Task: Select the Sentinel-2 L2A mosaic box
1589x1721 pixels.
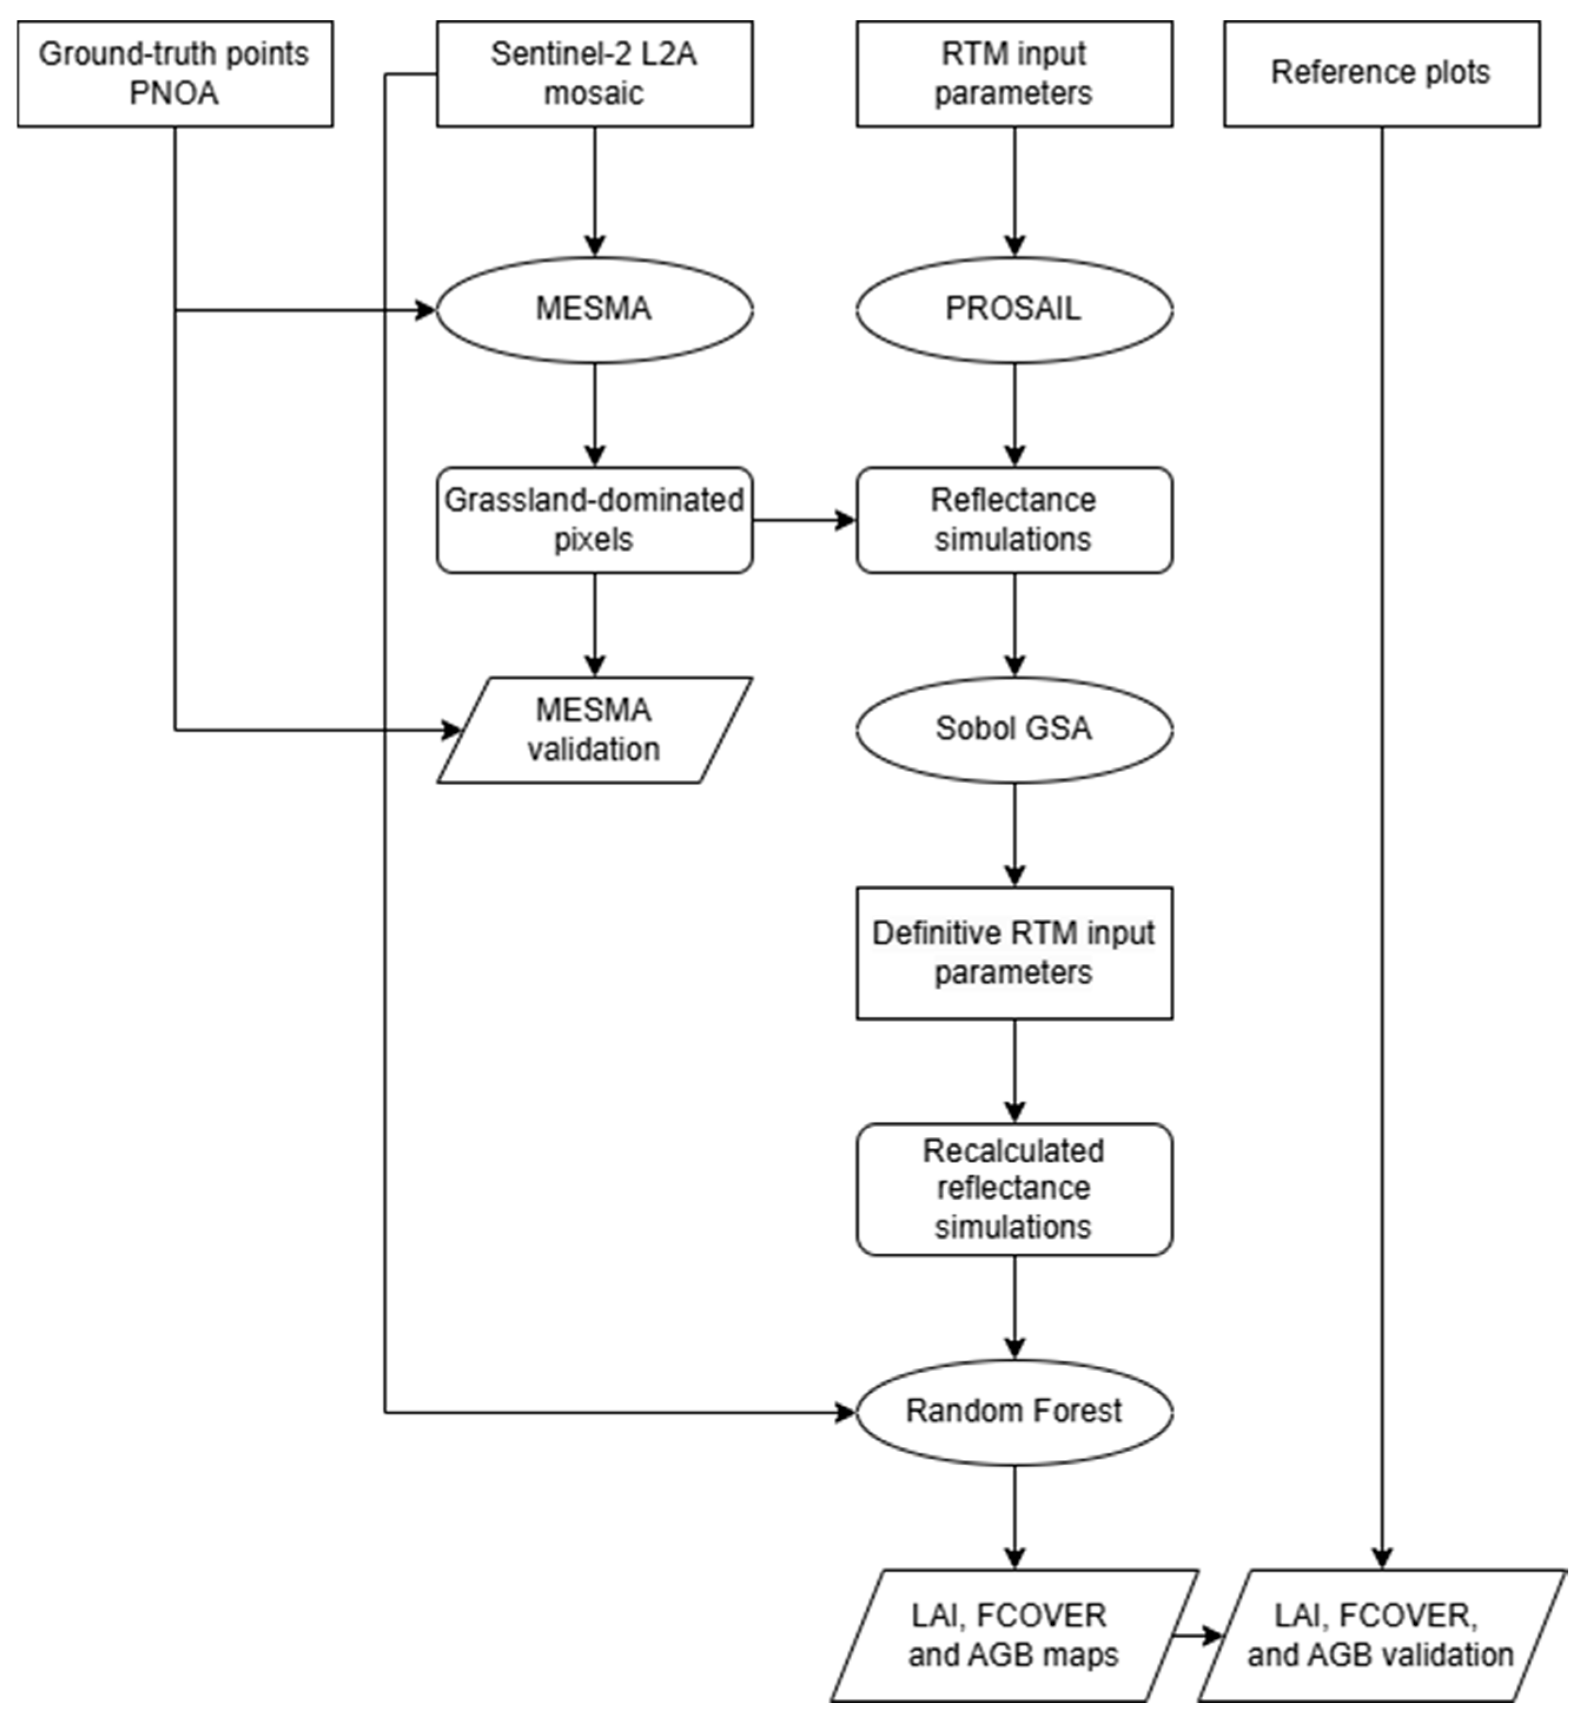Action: tap(594, 74)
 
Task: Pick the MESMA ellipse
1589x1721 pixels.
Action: tap(594, 310)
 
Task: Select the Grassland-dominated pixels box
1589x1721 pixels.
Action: tap(594, 520)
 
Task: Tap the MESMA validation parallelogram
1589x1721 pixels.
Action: tap(594, 730)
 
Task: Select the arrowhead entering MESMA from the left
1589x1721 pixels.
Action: tap(426, 310)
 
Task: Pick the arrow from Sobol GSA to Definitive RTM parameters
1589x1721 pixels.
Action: tap(1015, 834)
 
